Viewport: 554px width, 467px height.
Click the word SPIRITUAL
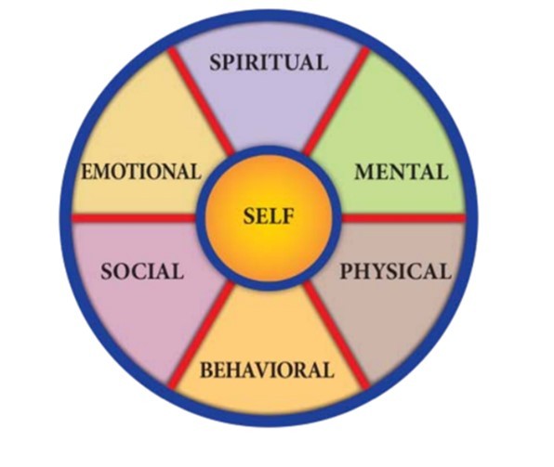(269, 62)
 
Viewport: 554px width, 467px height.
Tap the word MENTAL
(402, 172)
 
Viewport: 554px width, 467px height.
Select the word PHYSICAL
(396, 271)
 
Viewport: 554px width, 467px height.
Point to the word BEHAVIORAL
(267, 370)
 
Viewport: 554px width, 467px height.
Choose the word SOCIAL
(142, 271)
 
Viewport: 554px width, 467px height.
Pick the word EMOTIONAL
(141, 172)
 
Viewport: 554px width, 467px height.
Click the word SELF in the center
(269, 216)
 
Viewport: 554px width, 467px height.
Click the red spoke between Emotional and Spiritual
(201, 101)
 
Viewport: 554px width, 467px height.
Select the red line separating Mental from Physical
(403, 219)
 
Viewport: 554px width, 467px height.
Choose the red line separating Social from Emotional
(134, 219)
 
